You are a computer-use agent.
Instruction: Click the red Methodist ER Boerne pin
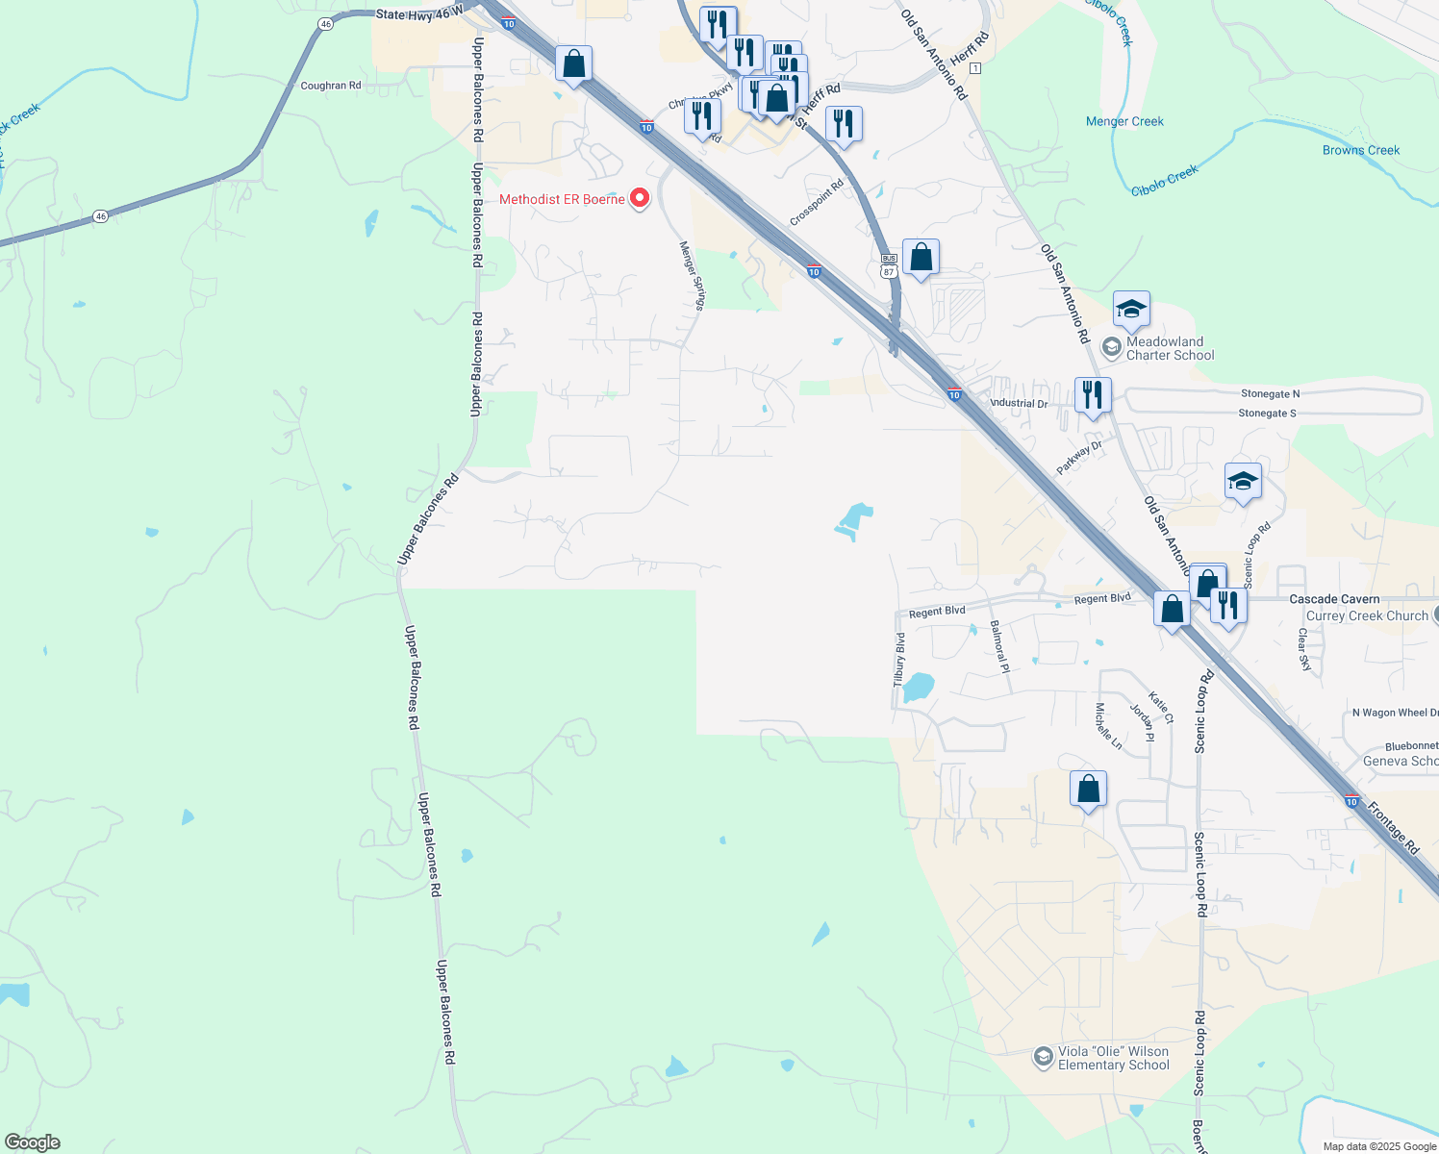tap(639, 199)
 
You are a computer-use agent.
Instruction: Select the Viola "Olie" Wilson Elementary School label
tap(1113, 1058)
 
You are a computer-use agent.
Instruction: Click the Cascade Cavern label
tap(1334, 599)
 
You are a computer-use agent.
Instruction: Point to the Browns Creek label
tap(1360, 150)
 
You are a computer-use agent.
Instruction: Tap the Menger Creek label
tap(1124, 121)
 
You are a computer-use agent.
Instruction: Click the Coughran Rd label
tap(331, 86)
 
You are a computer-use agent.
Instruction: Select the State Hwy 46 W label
tap(418, 14)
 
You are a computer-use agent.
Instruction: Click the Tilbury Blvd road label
tap(900, 659)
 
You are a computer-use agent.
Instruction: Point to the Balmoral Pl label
tap(999, 654)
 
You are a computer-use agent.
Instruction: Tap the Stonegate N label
tap(1270, 393)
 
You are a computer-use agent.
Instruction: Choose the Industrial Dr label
tap(1019, 404)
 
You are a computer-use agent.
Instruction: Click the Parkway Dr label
tap(1078, 458)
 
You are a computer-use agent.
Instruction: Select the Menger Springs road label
tap(693, 276)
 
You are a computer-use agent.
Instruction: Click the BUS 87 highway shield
tap(889, 265)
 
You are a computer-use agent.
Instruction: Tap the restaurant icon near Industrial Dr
tap(1093, 394)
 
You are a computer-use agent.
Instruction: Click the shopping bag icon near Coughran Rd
tap(574, 64)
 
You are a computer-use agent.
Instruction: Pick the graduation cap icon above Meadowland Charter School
tap(1131, 310)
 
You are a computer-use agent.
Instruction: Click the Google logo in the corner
tap(32, 1142)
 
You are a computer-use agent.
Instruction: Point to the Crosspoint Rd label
tap(816, 203)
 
